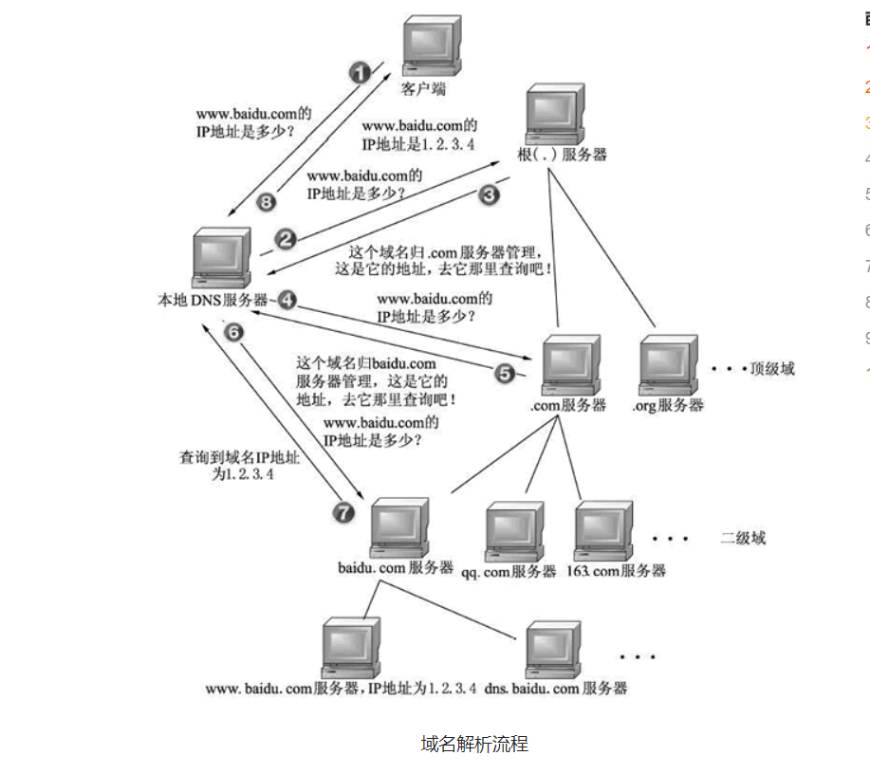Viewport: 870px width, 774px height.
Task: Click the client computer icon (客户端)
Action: click(428, 48)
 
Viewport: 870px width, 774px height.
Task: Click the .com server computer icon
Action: click(572, 363)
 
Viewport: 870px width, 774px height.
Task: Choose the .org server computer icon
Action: click(671, 365)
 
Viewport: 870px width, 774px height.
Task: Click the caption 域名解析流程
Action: click(473, 743)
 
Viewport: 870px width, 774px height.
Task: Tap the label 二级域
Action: click(742, 538)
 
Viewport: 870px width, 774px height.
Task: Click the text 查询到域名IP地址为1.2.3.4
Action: click(240, 465)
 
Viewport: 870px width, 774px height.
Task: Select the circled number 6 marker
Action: click(233, 332)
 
